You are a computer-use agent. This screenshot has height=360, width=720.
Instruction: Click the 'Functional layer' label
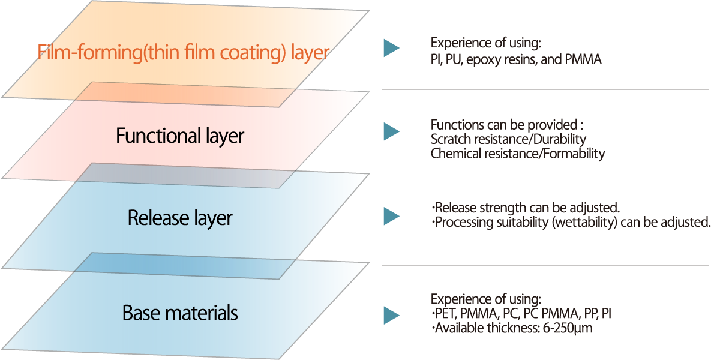click(x=180, y=136)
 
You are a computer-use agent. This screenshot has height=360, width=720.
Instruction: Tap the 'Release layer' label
click(x=180, y=218)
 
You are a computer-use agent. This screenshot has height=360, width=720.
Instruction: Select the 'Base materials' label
click(x=180, y=313)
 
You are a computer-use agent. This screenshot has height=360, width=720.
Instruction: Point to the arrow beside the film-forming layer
click(x=391, y=49)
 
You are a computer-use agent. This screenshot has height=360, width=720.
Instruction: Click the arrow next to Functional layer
click(x=391, y=132)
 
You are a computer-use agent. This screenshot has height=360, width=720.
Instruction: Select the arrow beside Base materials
click(x=391, y=315)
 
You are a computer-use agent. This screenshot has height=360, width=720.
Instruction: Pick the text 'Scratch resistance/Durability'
click(x=508, y=139)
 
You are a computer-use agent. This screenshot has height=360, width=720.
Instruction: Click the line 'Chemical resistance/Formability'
click(x=518, y=154)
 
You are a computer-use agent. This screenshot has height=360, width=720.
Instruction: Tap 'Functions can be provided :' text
click(x=507, y=125)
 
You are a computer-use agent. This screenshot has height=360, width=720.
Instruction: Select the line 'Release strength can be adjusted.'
click(x=526, y=208)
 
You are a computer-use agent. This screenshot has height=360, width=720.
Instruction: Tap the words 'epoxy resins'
click(x=500, y=60)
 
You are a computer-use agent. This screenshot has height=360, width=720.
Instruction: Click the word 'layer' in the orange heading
click(x=310, y=52)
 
